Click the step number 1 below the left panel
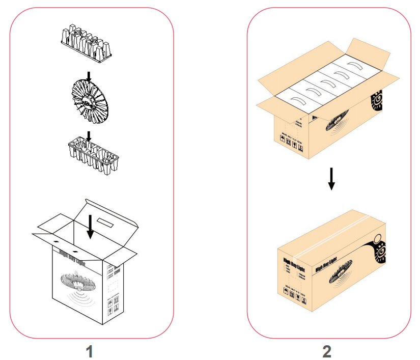90,351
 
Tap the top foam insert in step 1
86,41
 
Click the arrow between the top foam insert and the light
89,76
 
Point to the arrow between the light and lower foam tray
89,135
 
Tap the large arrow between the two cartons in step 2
331,178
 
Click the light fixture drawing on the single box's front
77,283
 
